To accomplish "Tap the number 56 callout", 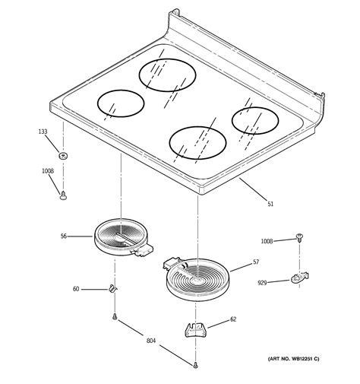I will [64, 236].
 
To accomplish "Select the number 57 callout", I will [256, 262].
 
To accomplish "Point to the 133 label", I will [43, 132].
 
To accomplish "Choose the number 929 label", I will [262, 282].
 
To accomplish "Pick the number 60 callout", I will [75, 289].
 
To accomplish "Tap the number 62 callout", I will [232, 319].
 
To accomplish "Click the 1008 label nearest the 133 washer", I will [47, 171].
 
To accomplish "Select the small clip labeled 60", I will [112, 288].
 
